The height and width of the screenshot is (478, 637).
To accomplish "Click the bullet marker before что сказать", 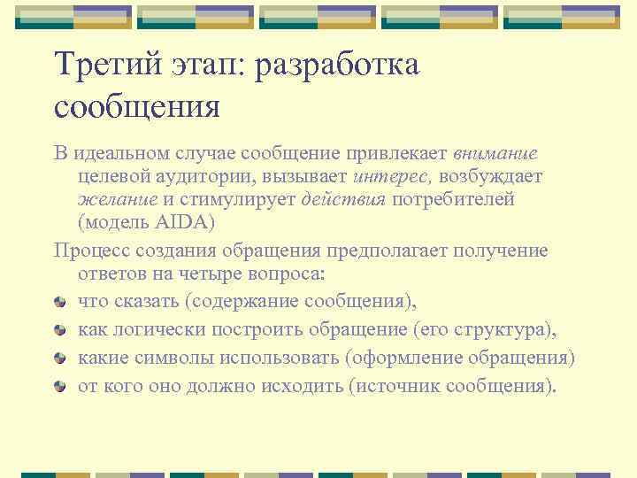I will (x=59, y=302).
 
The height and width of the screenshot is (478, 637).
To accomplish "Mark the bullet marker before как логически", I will (x=59, y=330).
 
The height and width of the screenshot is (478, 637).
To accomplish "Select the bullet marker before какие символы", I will (x=59, y=358).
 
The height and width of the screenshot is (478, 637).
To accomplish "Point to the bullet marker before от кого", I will (x=59, y=386).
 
